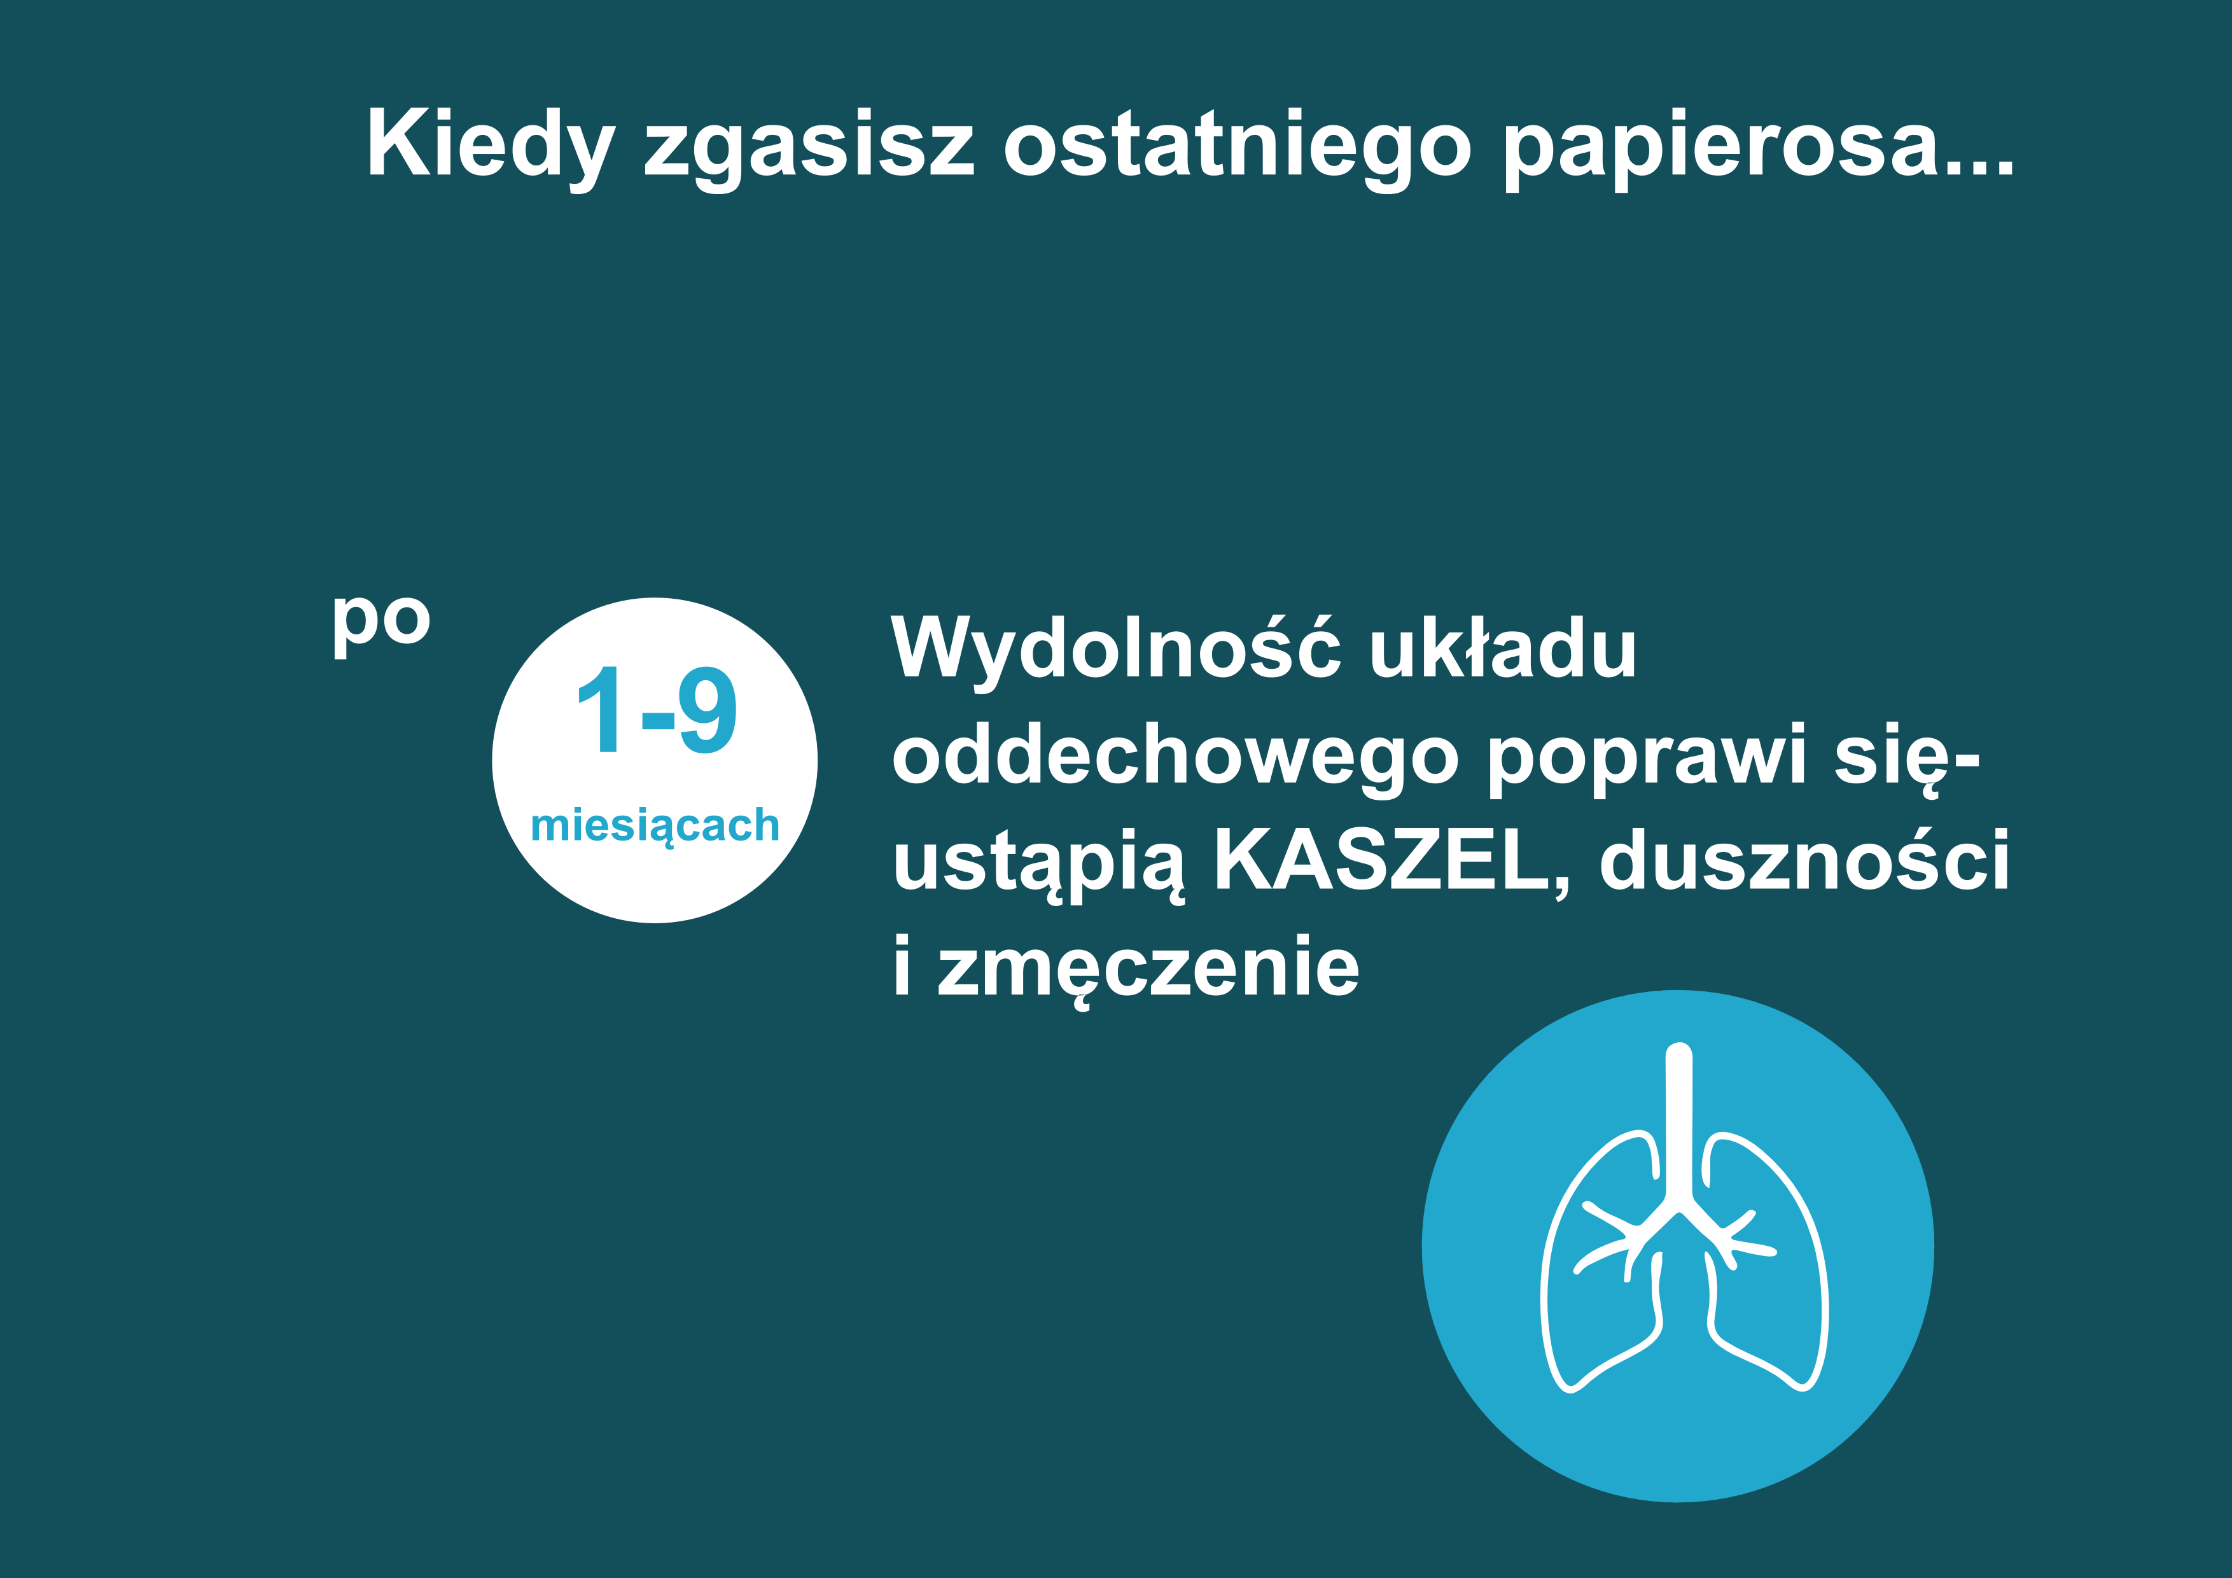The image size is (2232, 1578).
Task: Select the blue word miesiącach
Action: (655, 825)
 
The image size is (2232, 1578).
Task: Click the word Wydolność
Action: (1116, 648)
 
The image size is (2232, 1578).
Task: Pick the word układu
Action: (1503, 648)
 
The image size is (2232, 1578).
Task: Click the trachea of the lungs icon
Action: (1679, 1128)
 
